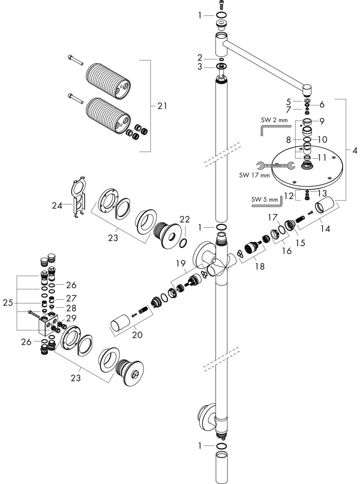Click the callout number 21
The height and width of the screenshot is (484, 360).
pos(162,106)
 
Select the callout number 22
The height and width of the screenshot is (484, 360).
pos(185,219)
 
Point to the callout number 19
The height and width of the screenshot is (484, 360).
pos(180,263)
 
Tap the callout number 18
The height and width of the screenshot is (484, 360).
pos(259,266)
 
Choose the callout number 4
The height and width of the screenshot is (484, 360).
pos(354,150)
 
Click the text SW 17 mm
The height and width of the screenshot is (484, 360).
pos(254,175)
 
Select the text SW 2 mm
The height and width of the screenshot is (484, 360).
pos(274,120)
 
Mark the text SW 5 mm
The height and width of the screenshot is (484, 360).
pos(265,199)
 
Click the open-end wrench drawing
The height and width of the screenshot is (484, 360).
pos(275,165)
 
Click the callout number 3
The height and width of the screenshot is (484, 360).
pos(210,67)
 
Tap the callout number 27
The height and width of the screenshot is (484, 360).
pos(71,298)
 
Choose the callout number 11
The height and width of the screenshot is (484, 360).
pos(321,158)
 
